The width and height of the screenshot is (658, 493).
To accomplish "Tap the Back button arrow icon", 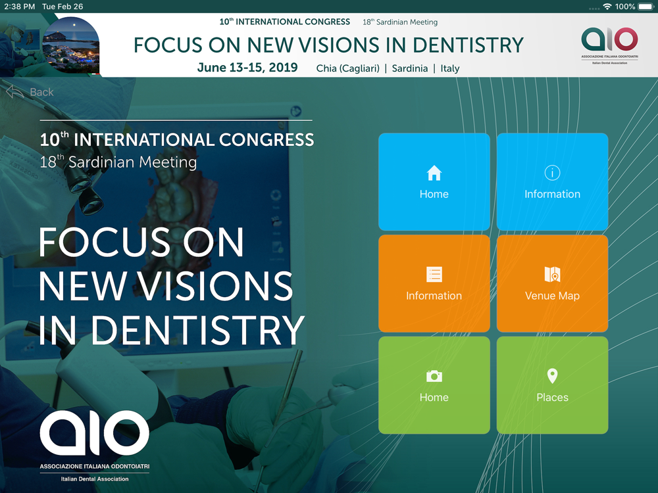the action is coord(14,92).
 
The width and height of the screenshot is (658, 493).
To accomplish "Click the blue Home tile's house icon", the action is coord(434,173).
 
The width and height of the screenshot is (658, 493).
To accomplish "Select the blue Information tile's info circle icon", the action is coord(552,173).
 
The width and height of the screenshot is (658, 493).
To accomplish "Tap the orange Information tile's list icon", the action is coord(434,274).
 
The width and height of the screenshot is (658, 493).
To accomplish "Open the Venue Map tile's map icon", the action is coord(552,274).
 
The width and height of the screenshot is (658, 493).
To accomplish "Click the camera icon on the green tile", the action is coord(434,376).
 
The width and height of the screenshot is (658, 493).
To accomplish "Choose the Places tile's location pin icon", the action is coord(552,376).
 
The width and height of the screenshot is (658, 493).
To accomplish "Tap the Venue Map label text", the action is coord(552,296).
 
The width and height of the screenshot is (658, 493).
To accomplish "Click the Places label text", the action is coord(552,398).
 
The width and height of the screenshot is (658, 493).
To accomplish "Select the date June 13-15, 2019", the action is coord(247,68).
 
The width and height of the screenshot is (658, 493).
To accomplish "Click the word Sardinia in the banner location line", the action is coord(410,68).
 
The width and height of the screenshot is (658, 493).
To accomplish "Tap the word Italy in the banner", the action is coord(450,68).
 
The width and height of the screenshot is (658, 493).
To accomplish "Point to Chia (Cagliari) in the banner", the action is coord(348,68).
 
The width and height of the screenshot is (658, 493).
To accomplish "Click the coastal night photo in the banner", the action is coord(71,46).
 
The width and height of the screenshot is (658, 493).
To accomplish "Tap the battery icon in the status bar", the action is coord(646,7).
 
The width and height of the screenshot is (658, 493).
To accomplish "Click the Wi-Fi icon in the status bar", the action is coord(607,7).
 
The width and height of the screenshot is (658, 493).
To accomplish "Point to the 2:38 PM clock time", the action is coord(20,7).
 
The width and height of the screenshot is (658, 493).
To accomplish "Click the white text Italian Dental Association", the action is coord(95,479).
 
